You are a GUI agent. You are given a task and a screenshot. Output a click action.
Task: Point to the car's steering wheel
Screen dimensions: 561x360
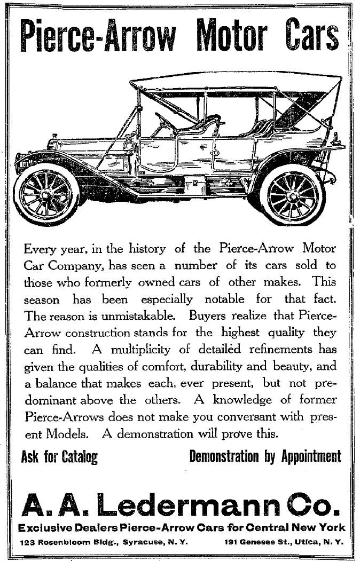165,122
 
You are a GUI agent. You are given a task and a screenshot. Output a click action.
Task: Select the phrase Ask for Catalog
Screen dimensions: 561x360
59,457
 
